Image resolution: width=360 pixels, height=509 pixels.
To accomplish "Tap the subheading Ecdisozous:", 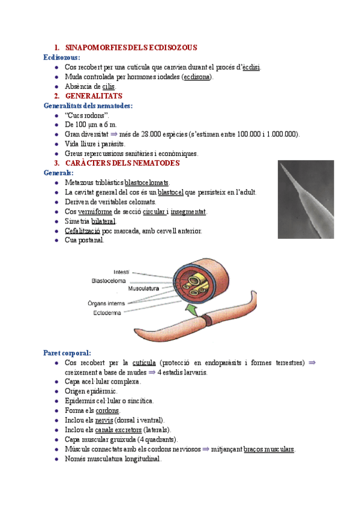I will [x=62, y=57].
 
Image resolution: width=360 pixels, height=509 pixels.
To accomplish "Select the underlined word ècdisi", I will [x=251, y=67].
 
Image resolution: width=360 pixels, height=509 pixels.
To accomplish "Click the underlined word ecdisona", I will [x=197, y=77].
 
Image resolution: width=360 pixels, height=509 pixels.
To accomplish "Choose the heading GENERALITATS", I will [x=94, y=96].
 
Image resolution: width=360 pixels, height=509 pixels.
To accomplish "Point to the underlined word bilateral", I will [x=103, y=221].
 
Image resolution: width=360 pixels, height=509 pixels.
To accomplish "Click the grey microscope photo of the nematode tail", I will [x=305, y=199].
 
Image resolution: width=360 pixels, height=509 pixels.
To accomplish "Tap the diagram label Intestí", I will [x=117, y=272].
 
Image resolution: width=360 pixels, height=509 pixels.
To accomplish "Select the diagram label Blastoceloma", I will [x=108, y=280].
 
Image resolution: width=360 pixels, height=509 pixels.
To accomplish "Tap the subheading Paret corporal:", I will [x=67, y=353].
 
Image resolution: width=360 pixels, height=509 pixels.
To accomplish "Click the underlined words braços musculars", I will [x=269, y=449].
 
